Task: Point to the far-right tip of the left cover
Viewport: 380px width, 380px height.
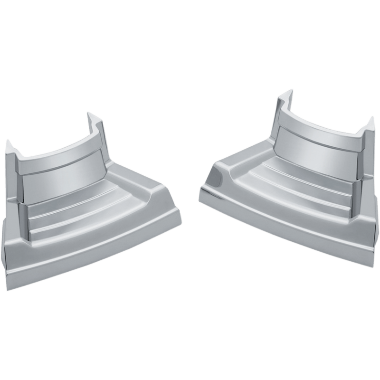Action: point(182,220)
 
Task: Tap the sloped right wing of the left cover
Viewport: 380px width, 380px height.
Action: point(142,199)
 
